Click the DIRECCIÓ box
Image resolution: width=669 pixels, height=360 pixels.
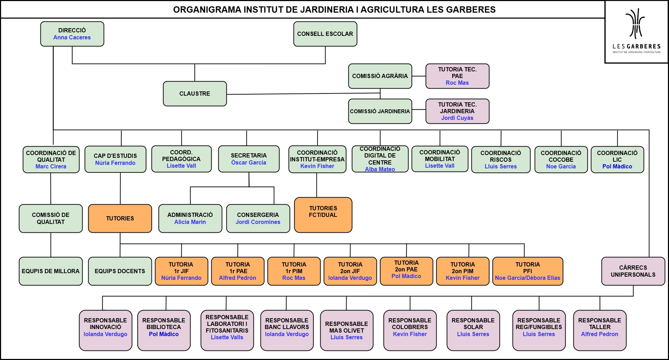(72, 34)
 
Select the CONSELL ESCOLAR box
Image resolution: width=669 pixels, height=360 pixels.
(325, 34)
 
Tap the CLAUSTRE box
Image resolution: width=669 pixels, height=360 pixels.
(195, 94)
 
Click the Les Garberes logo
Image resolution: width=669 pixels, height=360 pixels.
(636, 32)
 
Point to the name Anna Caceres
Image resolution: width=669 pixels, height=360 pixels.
(72, 38)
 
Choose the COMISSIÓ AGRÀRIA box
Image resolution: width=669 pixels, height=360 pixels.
(380, 76)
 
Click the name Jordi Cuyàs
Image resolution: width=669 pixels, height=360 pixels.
(457, 118)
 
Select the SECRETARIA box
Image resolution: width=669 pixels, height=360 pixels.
(249, 159)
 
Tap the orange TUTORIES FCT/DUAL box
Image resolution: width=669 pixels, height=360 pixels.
(323, 215)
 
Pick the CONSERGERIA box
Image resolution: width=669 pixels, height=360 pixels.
(258, 218)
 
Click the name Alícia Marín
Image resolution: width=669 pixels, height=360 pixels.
(190, 222)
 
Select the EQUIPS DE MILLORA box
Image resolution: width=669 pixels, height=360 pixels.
(51, 271)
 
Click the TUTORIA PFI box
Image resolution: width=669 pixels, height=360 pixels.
(528, 271)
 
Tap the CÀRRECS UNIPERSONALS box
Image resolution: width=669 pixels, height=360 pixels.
(633, 271)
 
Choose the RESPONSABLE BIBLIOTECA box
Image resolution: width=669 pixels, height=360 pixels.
(164, 330)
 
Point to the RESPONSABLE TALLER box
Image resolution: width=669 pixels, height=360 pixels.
(600, 330)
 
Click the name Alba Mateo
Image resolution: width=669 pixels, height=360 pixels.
(380, 169)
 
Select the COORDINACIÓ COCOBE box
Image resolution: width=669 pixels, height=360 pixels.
(561, 160)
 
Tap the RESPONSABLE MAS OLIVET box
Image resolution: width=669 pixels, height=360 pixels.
(347, 330)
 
